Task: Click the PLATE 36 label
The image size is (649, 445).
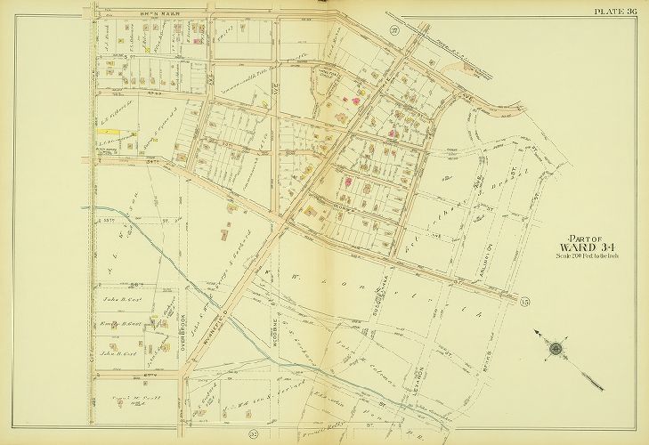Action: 616,11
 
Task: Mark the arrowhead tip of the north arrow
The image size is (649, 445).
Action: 535,332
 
